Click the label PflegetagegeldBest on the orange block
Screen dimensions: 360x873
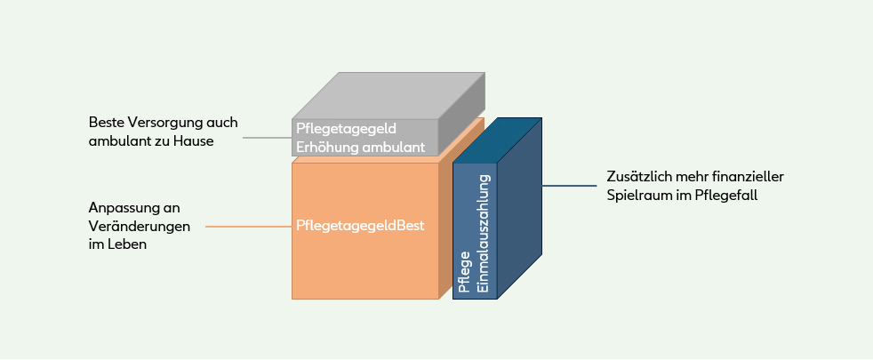click(x=361, y=226)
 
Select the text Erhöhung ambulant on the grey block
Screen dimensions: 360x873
click(x=361, y=147)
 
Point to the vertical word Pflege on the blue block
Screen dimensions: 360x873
click(x=464, y=270)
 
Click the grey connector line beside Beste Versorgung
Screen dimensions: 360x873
click(x=267, y=138)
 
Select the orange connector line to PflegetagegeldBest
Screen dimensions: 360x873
click(x=249, y=227)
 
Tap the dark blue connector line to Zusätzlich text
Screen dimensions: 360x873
click(x=569, y=186)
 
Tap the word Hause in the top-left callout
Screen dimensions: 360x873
click(x=194, y=140)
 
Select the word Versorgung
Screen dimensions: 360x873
click(x=159, y=122)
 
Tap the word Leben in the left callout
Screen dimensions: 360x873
click(x=128, y=244)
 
